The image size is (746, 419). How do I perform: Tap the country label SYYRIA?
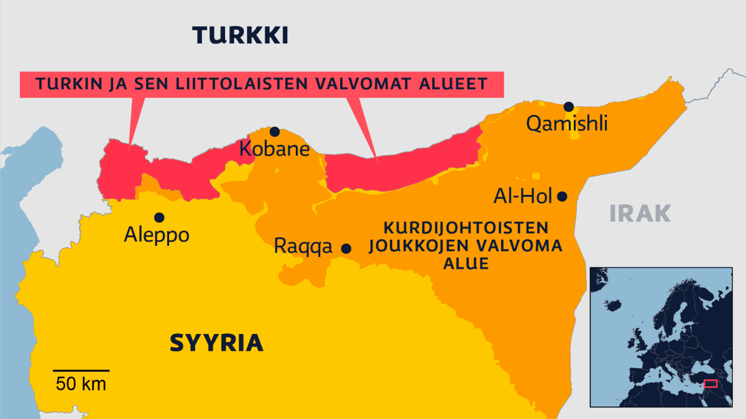point(216,343)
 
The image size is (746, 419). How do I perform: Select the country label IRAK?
point(640,214)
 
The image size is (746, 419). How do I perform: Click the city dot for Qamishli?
point(568,107)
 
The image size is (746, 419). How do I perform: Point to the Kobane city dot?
point(274,132)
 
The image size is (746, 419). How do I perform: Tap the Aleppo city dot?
point(159,217)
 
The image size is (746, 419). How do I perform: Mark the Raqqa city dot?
point(346,248)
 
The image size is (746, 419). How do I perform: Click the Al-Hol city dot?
point(562,196)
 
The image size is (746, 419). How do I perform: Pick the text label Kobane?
point(274,149)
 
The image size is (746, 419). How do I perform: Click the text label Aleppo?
point(156,235)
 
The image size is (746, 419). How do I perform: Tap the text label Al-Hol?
point(523,197)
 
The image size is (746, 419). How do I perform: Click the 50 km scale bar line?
point(81,371)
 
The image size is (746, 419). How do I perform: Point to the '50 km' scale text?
point(81,384)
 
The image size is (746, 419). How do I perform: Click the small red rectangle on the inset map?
point(710,384)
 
